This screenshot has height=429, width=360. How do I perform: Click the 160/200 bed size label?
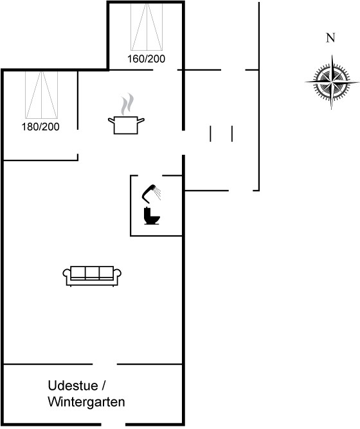point(147,59)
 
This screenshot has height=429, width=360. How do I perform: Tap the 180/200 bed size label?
point(40,127)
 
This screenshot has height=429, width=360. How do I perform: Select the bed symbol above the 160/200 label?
point(147,27)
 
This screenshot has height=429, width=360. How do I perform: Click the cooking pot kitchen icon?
point(126,125)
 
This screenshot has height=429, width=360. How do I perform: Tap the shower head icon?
point(151,194)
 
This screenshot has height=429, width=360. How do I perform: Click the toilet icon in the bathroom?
point(152,216)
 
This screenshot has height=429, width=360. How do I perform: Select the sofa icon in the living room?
point(92,276)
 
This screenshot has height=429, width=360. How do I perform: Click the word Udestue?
point(73,386)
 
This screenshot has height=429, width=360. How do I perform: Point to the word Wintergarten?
point(86,402)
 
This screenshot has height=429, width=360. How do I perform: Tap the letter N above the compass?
point(330,38)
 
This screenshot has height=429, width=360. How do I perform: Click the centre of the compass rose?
point(332,82)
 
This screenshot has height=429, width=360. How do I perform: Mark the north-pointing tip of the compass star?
point(332,55)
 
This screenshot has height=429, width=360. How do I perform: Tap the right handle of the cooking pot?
point(141,120)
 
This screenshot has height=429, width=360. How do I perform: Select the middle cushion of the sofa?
point(92,272)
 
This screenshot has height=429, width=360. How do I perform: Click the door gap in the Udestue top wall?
point(105,364)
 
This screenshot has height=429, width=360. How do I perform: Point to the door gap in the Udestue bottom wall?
point(113,425)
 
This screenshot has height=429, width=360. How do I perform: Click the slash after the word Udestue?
point(104,386)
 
